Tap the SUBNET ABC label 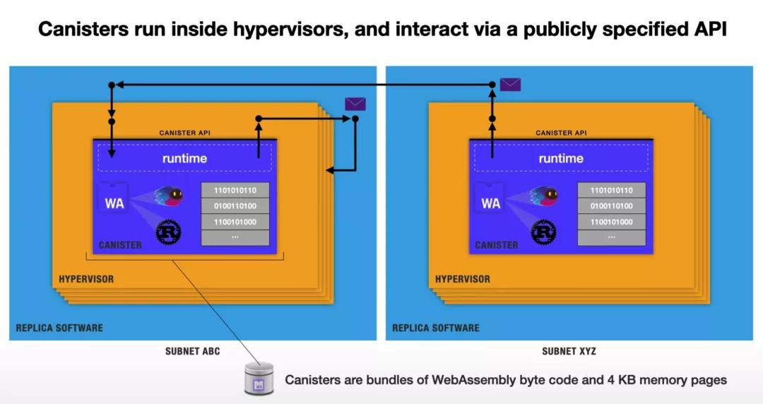192,351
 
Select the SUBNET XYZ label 569,351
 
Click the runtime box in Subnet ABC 184,158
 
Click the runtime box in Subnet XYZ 561,158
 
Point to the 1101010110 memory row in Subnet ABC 235,191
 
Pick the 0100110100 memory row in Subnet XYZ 612,206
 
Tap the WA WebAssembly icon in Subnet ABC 114,203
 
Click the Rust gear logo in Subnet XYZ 544,232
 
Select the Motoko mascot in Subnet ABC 168,196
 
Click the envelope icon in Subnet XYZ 510,85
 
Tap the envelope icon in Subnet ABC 355,104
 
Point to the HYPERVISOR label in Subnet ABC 85,279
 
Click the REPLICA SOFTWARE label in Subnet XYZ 436,328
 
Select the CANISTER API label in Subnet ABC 184,133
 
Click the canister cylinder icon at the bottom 259,379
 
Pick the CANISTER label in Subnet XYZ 496,245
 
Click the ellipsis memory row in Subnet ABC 235,237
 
